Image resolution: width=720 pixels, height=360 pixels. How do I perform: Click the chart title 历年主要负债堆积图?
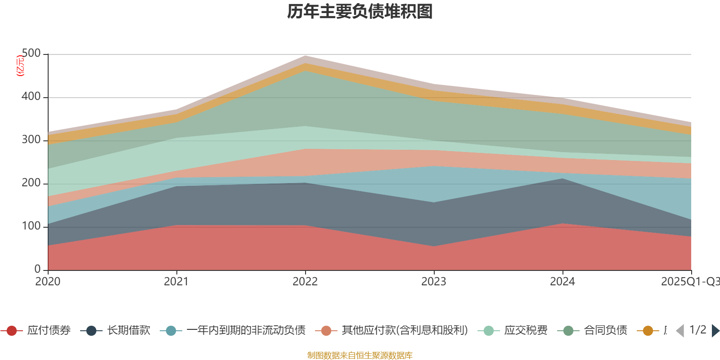[x=360, y=12]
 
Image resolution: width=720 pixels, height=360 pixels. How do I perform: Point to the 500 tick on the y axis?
[x=31, y=54]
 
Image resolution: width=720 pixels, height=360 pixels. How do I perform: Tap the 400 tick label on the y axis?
[x=31, y=97]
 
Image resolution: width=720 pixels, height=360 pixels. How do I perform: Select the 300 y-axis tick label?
[x=31, y=140]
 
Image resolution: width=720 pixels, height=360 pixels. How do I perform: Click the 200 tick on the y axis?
[x=31, y=183]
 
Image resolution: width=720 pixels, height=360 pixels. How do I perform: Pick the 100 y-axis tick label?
[x=31, y=226]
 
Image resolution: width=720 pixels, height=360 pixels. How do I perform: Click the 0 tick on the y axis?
[x=38, y=270]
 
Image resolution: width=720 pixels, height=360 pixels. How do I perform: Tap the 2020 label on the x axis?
[x=48, y=282]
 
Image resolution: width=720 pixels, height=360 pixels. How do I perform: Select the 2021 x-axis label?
[x=176, y=282]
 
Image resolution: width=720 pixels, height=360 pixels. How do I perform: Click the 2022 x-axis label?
[x=305, y=282]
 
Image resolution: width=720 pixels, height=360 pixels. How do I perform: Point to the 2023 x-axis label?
[x=434, y=282]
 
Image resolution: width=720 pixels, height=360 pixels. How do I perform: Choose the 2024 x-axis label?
[x=562, y=282]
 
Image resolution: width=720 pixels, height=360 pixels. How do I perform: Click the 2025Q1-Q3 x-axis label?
[x=690, y=282]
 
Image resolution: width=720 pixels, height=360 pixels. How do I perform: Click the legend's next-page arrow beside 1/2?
[x=715, y=331]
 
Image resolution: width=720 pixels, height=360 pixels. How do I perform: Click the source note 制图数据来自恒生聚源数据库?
[x=360, y=355]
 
